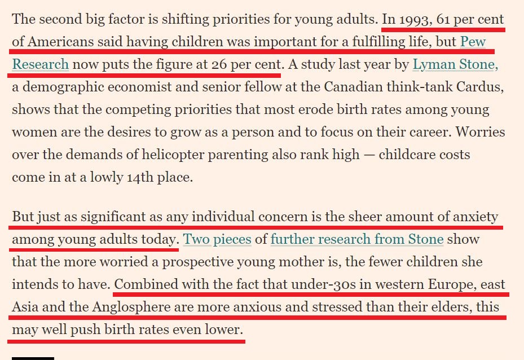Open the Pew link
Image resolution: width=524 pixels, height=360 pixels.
[x=473, y=42]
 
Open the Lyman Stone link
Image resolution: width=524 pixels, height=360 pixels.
[x=455, y=64]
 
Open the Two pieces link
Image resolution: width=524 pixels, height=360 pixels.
[x=217, y=239]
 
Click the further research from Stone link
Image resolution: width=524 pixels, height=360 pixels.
[x=357, y=239]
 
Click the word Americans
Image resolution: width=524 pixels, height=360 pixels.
[x=60, y=42]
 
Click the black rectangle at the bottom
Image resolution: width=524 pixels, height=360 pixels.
[x=33, y=358]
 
